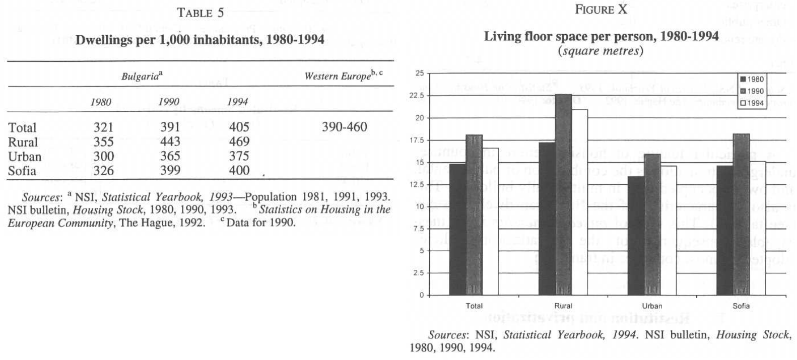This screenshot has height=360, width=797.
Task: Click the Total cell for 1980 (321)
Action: coord(103,127)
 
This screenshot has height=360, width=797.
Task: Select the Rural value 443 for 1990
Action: coord(170,142)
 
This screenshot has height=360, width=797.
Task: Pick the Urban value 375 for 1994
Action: coord(239,157)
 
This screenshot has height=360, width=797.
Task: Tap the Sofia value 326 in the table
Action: coord(103,171)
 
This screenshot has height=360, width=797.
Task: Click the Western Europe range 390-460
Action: coord(344,127)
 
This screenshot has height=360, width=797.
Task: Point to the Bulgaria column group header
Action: coord(142,76)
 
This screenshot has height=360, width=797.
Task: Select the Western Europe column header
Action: coord(343,76)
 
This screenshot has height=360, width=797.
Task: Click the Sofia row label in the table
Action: coord(22,171)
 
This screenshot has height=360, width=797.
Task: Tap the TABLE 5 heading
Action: coord(200,13)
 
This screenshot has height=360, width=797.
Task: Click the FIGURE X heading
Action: coord(601,10)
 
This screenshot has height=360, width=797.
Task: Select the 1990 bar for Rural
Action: coord(563,194)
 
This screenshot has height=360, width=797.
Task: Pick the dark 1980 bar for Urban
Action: coord(636,235)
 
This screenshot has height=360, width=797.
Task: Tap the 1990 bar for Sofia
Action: coord(741,214)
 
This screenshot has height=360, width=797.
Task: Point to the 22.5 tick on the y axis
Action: coord(419,96)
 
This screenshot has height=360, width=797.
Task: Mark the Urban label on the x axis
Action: coord(652,306)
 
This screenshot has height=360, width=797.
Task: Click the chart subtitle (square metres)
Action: coord(601,51)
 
